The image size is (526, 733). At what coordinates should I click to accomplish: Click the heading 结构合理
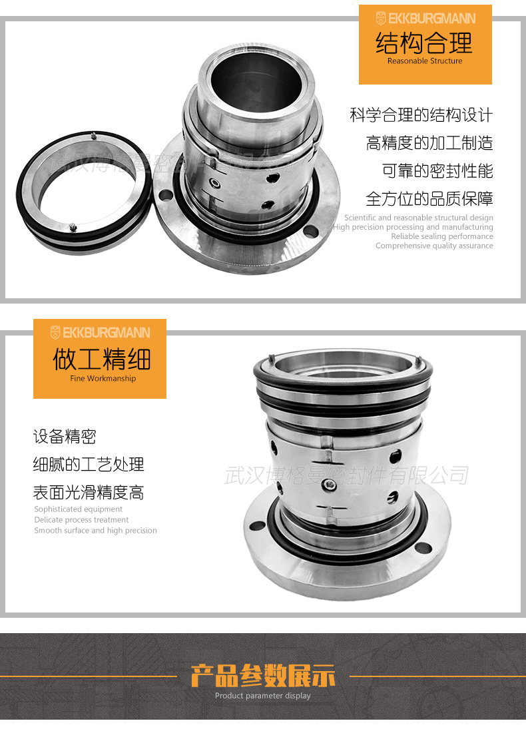tap(424, 43)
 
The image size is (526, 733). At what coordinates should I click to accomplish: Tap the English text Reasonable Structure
tap(425, 61)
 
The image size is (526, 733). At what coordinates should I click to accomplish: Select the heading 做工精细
tap(101, 359)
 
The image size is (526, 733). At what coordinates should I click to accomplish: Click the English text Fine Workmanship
tap(103, 378)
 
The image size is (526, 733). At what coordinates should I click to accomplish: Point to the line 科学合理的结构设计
tap(421, 115)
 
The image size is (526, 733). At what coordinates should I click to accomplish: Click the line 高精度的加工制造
tap(429, 143)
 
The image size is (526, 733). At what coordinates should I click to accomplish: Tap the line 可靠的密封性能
tap(437, 171)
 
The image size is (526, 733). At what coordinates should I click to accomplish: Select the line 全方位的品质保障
tap(429, 199)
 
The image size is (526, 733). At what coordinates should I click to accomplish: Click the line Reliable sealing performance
tap(442, 236)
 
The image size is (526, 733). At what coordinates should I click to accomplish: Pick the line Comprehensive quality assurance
tap(434, 246)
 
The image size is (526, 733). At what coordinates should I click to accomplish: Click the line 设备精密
tap(65, 437)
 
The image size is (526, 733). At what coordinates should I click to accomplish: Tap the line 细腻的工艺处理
tap(89, 465)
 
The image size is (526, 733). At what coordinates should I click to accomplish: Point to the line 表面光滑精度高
tap(89, 493)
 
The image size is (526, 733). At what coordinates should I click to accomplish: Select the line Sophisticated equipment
tap(78, 509)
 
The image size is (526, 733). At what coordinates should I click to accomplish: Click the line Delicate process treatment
tap(81, 520)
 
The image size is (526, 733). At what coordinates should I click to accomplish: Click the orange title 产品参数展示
tap(263, 676)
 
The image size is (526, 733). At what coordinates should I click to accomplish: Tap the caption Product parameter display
tap(263, 696)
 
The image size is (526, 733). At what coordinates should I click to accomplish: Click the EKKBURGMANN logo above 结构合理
tap(425, 18)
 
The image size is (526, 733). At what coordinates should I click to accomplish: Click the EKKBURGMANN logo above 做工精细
tap(100, 332)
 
